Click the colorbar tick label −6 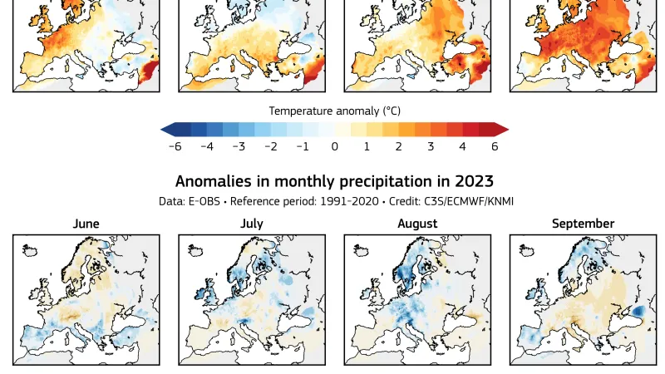tap(175, 146)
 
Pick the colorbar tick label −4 tap(207, 146)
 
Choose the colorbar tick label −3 tap(239, 146)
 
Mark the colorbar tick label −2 tap(270, 146)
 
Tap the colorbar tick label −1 tap(303, 146)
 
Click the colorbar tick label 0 tap(334, 146)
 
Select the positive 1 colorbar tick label tap(367, 146)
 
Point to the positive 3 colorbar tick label tap(431, 146)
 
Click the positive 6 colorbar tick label tap(495, 146)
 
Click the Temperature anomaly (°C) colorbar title tap(333, 110)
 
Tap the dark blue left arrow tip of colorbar tap(166, 129)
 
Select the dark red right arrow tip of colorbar tap(502, 129)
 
